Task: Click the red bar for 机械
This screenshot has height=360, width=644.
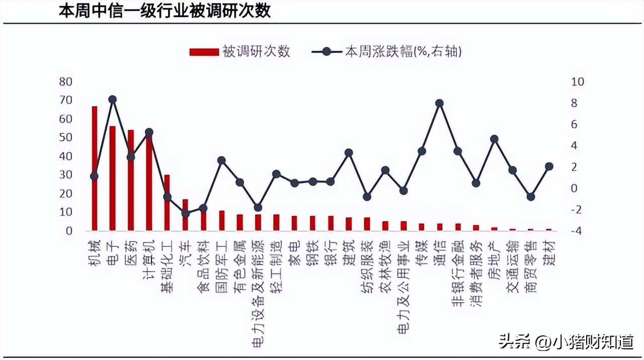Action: coord(94,168)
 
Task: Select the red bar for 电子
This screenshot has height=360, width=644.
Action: coord(112,178)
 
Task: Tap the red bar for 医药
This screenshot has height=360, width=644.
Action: coord(131,180)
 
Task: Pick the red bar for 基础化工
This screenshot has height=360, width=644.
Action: coord(167,203)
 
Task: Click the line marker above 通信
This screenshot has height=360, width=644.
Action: coord(439,103)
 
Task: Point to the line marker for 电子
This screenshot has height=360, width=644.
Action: coord(113,100)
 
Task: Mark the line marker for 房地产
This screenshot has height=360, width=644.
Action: coord(494,139)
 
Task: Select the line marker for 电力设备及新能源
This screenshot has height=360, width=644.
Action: coord(258,207)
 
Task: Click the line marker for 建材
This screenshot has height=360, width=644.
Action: coord(549,166)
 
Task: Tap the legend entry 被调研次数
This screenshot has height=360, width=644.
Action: coord(240,51)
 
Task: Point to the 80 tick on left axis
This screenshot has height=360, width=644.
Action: coord(66,81)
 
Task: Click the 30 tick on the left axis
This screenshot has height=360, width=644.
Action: coord(66,175)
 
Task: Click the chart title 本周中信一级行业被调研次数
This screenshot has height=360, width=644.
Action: coord(165,11)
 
